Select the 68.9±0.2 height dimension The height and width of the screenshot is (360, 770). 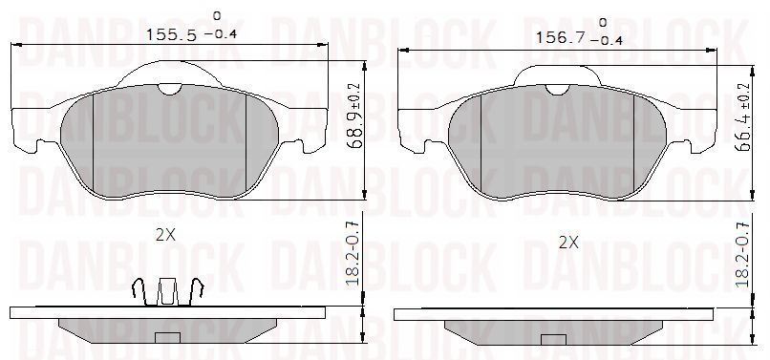pos(354,116)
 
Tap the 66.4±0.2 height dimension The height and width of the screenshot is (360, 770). pos(743,116)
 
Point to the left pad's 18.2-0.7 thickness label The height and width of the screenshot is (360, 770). pos(354,252)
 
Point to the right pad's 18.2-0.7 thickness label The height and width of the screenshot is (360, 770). pos(743,254)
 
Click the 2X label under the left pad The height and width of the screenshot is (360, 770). pos(165,235)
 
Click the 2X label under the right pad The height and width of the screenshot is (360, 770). pos(568,243)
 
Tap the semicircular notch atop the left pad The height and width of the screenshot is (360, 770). pos(169,89)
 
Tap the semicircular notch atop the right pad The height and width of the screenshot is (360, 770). pos(557,90)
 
